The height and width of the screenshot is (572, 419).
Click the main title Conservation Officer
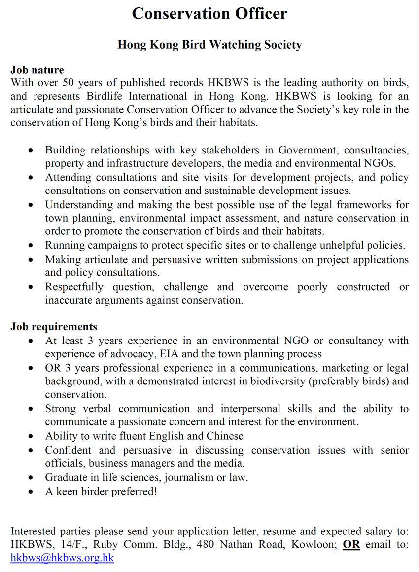tap(209, 14)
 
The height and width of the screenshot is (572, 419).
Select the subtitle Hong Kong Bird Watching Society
tap(209, 45)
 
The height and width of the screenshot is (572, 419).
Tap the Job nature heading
tap(37, 70)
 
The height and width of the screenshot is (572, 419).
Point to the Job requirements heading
tap(54, 327)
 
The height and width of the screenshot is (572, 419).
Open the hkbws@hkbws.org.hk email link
tap(62, 558)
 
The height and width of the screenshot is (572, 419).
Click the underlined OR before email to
tap(351, 545)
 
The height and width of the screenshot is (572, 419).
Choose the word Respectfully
tap(74, 287)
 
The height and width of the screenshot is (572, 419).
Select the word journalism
tap(189, 477)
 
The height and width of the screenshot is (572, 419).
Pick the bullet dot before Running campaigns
tap(32, 246)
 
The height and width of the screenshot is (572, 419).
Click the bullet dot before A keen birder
tap(32, 492)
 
